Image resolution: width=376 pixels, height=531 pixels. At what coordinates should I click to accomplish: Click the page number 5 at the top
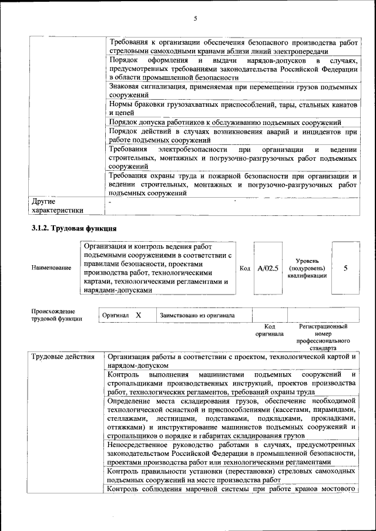tap(194, 19)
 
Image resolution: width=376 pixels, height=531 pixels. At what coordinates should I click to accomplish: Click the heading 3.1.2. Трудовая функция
tap(74, 228)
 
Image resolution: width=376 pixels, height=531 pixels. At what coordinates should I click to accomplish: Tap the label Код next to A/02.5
tap(245, 268)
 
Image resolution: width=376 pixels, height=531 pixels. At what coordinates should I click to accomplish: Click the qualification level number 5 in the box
tap(345, 268)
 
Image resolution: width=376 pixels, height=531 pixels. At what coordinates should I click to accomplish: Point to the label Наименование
tap(52, 268)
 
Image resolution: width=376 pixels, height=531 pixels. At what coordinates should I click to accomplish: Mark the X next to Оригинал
tap(138, 315)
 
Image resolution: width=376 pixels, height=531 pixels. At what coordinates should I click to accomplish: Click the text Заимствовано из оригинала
tap(197, 315)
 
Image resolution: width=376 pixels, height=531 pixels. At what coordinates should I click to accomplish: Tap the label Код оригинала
tap(269, 330)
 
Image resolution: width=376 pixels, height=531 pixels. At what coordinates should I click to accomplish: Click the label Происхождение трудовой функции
tap(57, 315)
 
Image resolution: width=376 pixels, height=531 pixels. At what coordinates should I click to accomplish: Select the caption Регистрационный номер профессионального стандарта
tap(323, 337)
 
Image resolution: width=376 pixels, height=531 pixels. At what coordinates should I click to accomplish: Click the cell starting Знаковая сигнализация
tap(233, 90)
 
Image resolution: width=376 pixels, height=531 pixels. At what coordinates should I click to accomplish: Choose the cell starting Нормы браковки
tap(233, 108)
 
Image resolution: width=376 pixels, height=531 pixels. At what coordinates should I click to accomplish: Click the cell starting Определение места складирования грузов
tap(233, 418)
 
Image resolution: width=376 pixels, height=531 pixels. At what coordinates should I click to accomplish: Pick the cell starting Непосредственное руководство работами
tap(233, 453)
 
